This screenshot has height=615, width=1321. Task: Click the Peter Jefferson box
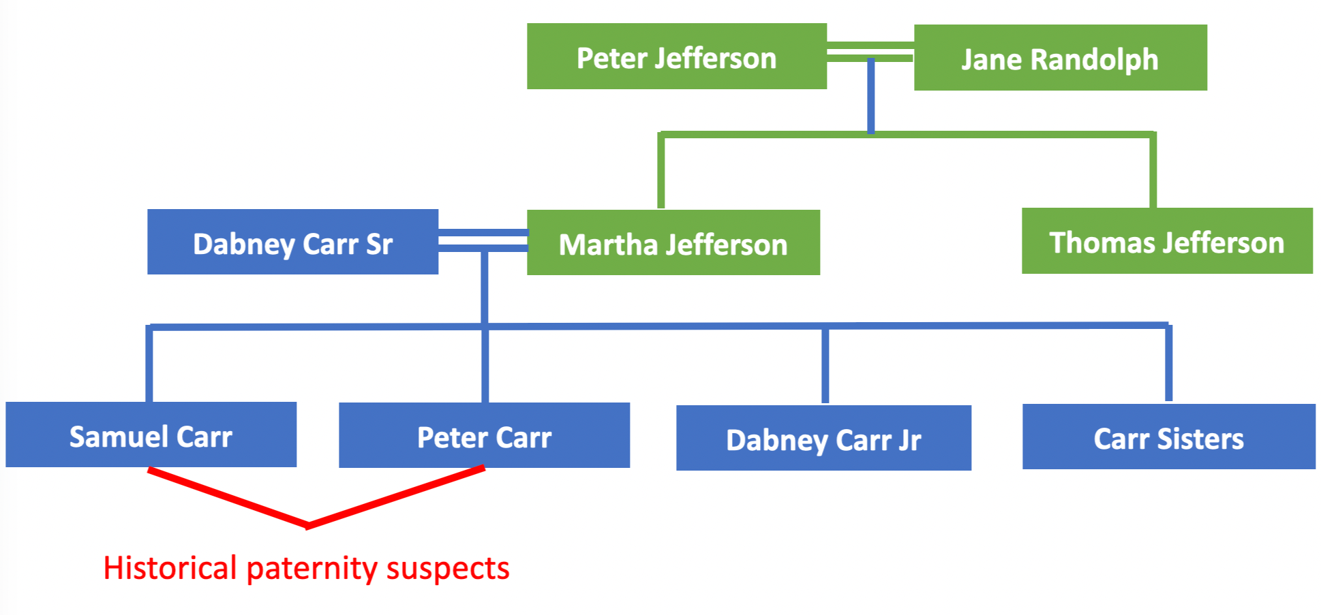(676, 57)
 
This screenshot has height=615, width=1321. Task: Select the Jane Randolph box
(1060, 58)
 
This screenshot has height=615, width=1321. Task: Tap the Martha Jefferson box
(673, 242)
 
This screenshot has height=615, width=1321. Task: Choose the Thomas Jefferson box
(1166, 241)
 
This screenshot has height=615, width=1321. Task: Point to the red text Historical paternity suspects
(306, 567)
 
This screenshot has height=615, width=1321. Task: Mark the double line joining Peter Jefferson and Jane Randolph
(870, 52)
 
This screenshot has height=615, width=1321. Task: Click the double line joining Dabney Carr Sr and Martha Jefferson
(483, 240)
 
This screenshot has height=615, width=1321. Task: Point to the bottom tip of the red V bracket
(307, 524)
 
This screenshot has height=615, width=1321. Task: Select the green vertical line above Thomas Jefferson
(1153, 170)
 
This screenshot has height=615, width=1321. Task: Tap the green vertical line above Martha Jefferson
(660, 170)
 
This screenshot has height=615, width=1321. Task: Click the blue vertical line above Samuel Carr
(149, 364)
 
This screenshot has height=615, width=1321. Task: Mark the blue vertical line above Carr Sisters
(1168, 364)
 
